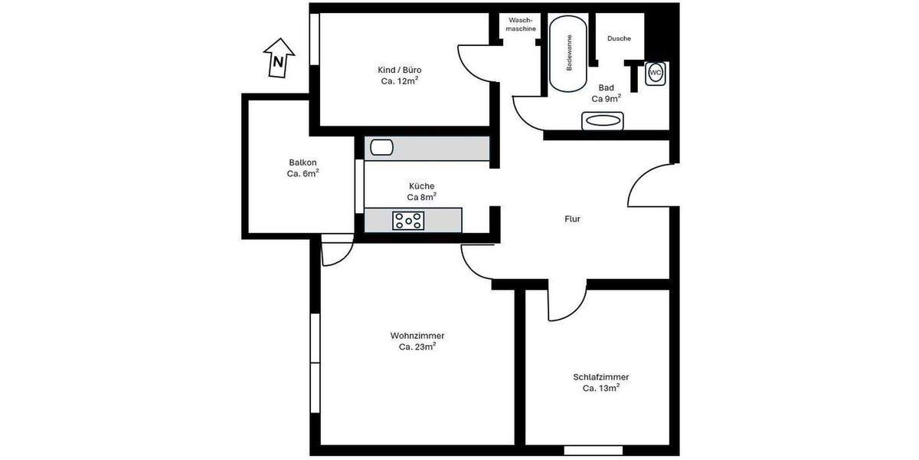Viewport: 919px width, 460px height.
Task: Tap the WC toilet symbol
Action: [655, 73]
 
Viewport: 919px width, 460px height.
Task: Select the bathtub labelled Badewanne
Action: [568, 54]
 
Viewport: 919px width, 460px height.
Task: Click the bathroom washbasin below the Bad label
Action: [603, 120]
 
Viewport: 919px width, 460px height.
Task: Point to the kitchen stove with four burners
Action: [408, 221]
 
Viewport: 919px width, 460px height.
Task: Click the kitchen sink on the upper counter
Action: [380, 147]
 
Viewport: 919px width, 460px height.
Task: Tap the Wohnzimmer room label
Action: [417, 336]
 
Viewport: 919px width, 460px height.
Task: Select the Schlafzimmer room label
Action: [601, 377]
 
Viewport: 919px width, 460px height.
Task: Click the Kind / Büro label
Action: [400, 70]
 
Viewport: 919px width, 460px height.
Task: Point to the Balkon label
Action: [303, 163]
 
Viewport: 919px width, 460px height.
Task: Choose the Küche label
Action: [421, 186]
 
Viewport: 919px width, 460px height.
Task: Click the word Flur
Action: [572, 219]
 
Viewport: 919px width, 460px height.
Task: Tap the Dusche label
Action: [619, 38]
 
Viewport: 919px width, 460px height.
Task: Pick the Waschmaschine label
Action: [522, 25]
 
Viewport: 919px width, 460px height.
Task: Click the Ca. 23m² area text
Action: [417, 347]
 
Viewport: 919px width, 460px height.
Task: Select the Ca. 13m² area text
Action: [601, 389]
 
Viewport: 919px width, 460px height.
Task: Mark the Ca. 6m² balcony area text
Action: [303, 174]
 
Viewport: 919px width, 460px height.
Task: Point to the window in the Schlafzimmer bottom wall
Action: [594, 450]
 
